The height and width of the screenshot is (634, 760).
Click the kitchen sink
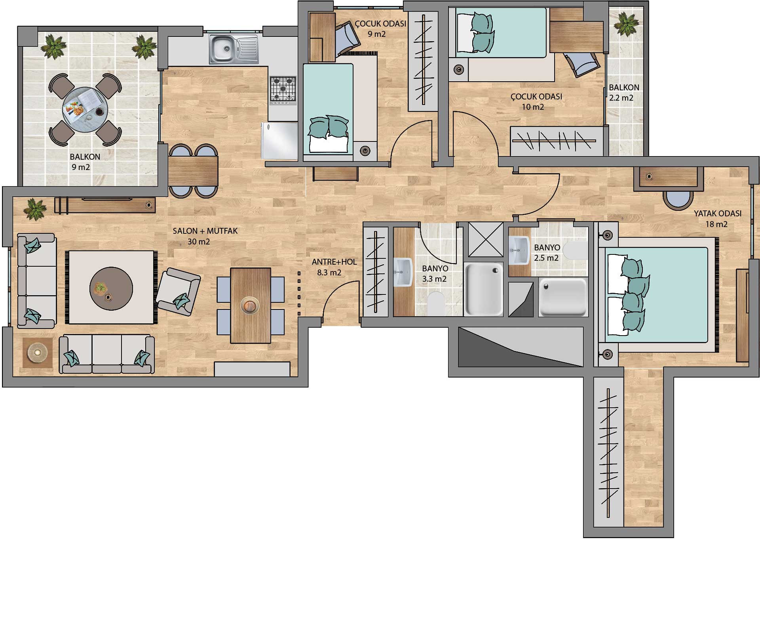click(234, 49)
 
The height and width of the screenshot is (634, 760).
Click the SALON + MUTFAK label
click(205, 231)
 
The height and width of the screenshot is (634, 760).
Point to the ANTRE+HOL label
click(334, 262)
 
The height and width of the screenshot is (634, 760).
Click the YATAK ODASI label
click(717, 213)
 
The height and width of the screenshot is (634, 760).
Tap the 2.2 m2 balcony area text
click(621, 98)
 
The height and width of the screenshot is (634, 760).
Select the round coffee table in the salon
click(111, 288)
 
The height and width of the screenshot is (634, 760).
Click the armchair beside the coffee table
click(178, 291)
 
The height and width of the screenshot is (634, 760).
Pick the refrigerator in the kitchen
click(279, 141)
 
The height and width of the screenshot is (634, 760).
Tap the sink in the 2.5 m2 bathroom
click(519, 250)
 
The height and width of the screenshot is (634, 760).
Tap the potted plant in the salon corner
click(35, 209)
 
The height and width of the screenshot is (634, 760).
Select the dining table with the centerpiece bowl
click(251, 305)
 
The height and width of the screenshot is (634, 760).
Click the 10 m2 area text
click(533, 107)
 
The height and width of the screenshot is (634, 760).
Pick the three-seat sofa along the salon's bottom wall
click(107, 354)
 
